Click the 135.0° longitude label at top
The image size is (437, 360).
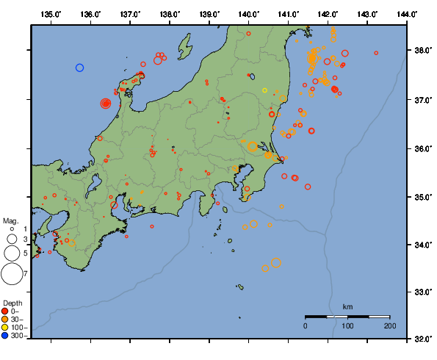click(51, 14)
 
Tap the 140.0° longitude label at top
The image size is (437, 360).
click(249, 14)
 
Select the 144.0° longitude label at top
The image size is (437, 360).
click(408, 14)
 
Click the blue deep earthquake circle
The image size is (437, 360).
click(80, 68)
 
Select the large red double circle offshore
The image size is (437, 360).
click(106, 104)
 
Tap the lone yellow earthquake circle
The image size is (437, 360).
click(264, 90)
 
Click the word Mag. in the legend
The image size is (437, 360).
click(10, 220)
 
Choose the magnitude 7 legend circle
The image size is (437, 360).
click(12, 274)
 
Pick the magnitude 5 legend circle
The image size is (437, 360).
click(12, 253)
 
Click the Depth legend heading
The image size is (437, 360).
click(12, 303)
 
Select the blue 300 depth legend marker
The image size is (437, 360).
click(5, 335)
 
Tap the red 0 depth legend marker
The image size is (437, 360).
click(5, 311)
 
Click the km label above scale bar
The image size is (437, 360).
click(347, 306)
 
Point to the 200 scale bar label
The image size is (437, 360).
click(389, 325)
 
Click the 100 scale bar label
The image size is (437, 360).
click(347, 325)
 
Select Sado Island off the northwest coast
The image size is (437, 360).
click(183, 44)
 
